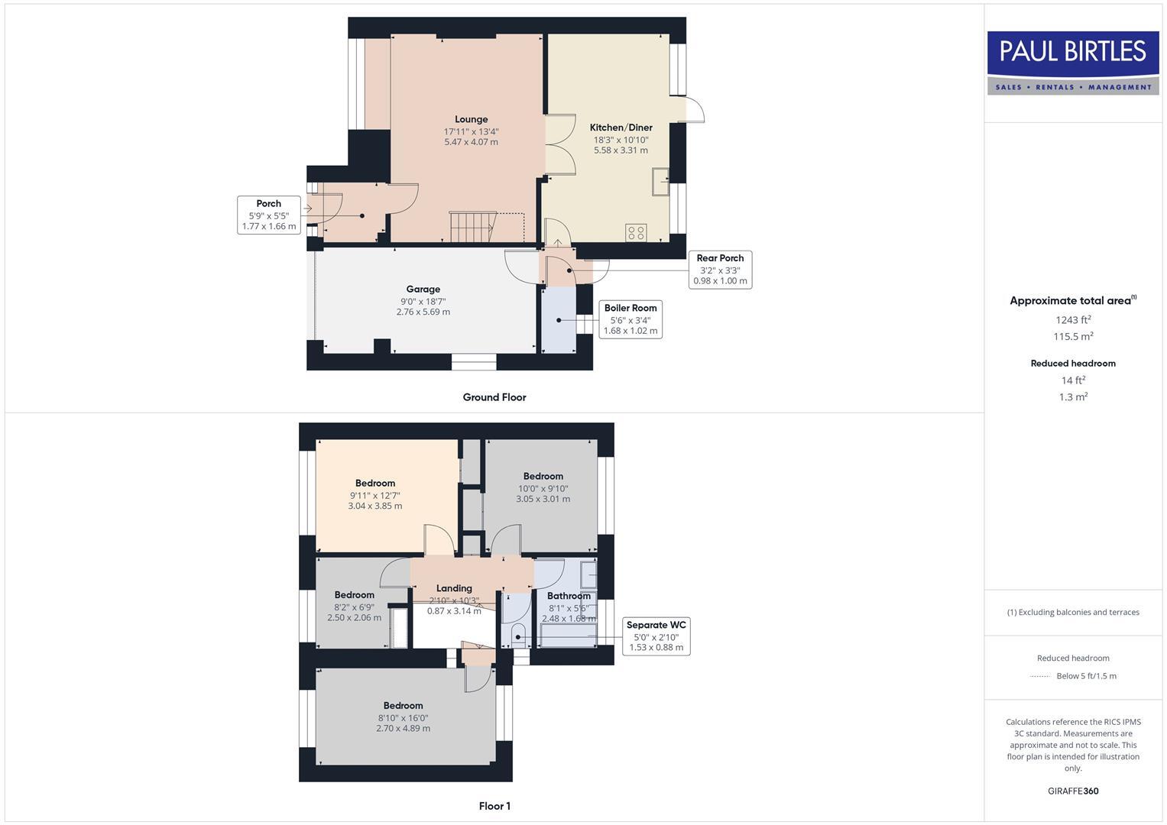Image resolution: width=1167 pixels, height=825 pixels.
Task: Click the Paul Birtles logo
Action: (1073, 62)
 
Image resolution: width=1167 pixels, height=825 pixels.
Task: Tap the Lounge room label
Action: (471, 119)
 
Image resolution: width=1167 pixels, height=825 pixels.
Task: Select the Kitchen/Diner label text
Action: (621, 128)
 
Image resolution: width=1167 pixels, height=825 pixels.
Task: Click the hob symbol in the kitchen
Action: (636, 232)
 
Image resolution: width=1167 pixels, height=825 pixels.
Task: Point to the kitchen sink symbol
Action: (660, 183)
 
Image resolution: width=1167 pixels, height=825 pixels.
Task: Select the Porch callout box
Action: (268, 215)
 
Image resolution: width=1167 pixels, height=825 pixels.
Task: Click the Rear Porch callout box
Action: (720, 270)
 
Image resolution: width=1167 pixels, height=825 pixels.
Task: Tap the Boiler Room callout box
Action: (630, 319)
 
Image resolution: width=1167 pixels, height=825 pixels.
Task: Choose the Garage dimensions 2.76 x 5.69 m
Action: (423, 312)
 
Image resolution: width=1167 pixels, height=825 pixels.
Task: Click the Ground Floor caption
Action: (494, 397)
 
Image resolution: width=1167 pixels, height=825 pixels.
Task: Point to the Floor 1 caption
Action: (494, 806)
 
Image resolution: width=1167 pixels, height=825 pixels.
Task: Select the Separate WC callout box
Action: (656, 636)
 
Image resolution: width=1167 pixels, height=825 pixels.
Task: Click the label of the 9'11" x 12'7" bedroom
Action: (374, 483)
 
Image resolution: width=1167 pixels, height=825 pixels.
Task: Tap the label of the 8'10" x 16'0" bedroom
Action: (403, 706)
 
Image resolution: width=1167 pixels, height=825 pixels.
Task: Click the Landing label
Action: (454, 588)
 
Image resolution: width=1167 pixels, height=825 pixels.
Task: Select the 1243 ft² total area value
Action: (1073, 319)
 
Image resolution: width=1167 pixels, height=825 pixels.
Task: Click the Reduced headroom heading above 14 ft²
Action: (1073, 364)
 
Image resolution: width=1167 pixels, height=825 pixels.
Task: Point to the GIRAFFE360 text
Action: (1073, 791)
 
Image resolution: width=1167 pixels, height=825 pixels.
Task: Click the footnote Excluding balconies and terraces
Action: (1073, 612)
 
